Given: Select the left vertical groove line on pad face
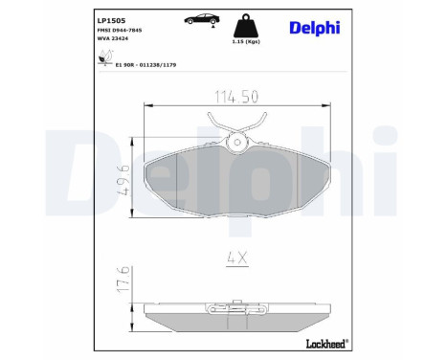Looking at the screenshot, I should tap(178, 182).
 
